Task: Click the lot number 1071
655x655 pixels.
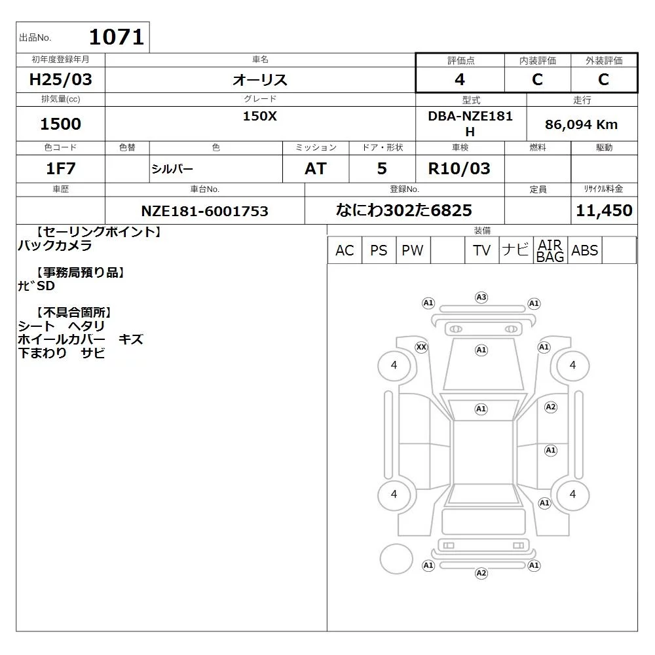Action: point(117,37)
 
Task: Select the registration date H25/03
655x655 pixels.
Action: point(60,79)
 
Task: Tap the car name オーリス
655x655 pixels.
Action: point(260,79)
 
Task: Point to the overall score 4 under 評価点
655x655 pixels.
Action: point(460,79)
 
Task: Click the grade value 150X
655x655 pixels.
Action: point(260,116)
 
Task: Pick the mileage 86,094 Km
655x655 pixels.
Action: point(581,124)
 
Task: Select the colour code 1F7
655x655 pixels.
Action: point(60,168)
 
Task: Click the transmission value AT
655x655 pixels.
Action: point(316,168)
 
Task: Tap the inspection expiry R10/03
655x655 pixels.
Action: point(459,168)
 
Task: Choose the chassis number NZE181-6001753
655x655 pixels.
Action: point(204,211)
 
